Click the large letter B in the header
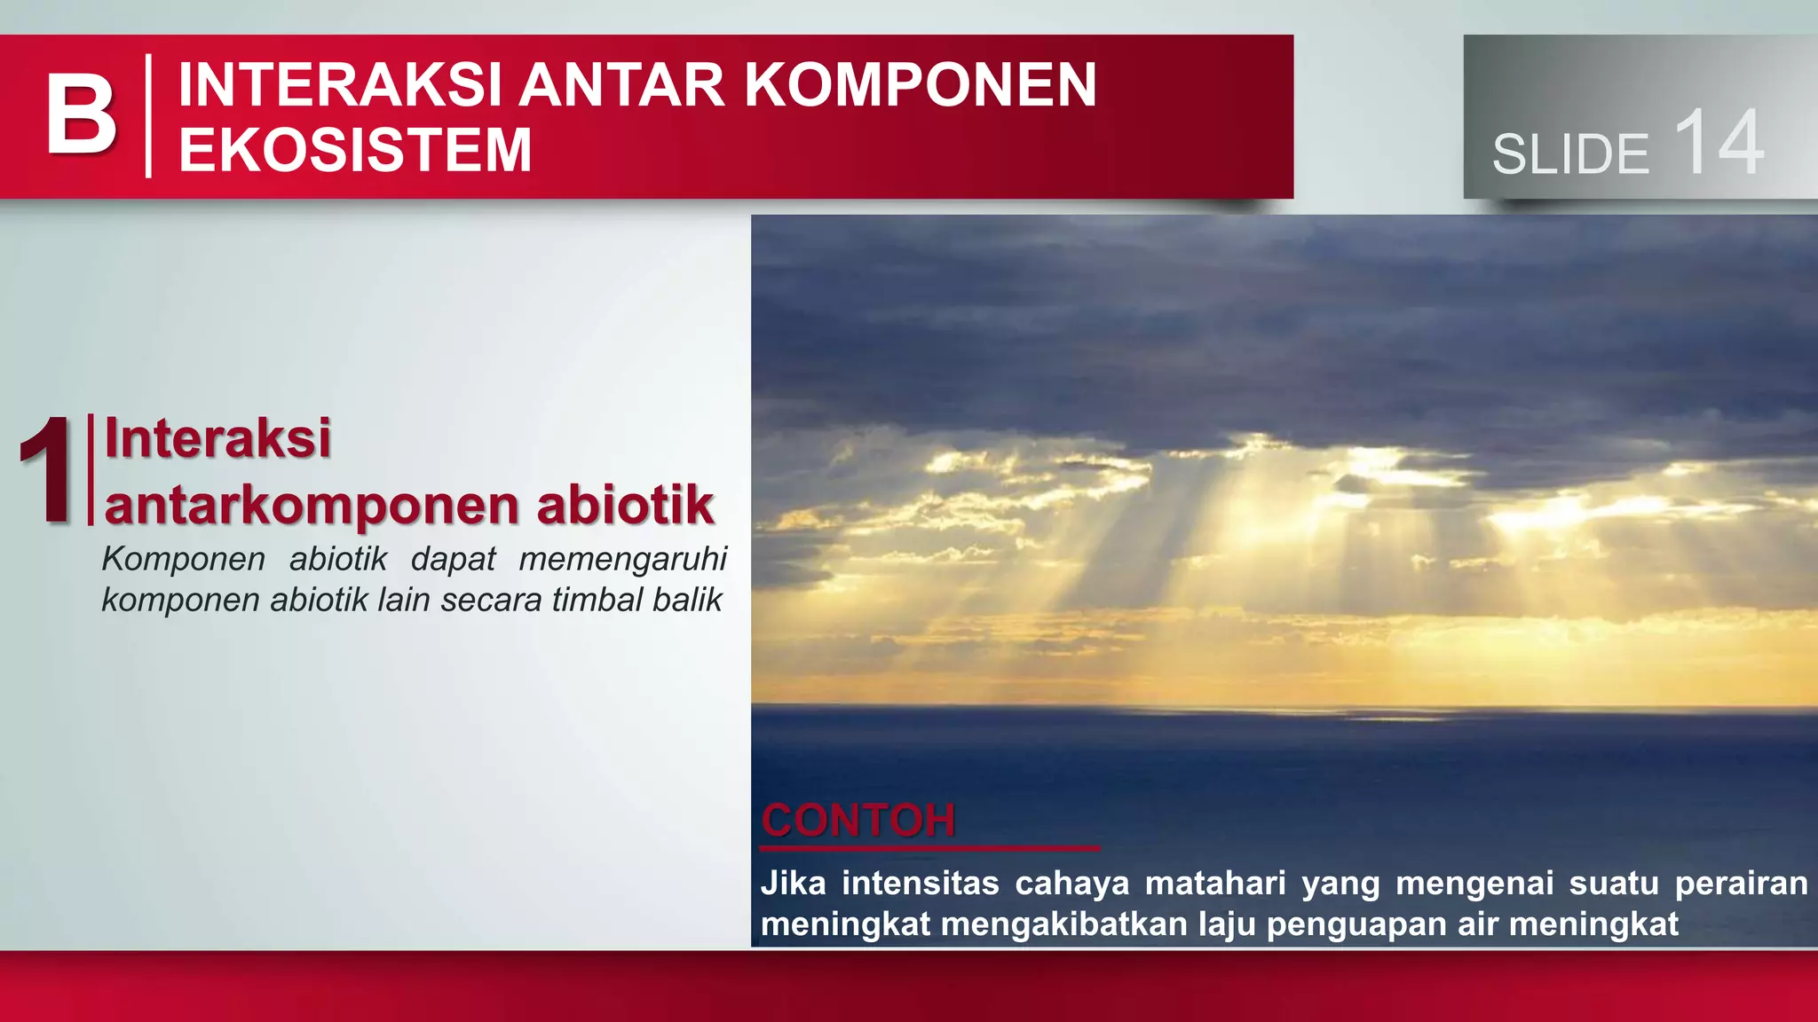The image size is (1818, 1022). [x=81, y=114]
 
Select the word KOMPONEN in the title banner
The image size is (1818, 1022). [x=920, y=85]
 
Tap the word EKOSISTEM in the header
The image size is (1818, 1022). [x=355, y=149]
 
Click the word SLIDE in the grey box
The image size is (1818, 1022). [x=1569, y=154]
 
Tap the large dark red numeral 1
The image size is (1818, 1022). [x=46, y=470]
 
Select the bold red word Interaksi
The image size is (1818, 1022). [x=217, y=438]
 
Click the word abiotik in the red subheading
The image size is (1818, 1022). [x=625, y=505]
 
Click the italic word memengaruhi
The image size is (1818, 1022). [x=622, y=559]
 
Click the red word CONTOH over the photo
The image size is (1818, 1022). [x=858, y=820]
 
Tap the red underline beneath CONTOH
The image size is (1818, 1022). [x=929, y=848]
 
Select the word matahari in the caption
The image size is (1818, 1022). [x=1214, y=884]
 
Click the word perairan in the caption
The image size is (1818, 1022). [x=1741, y=884]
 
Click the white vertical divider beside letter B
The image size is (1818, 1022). [x=148, y=115]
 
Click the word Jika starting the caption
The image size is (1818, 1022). [x=793, y=884]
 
